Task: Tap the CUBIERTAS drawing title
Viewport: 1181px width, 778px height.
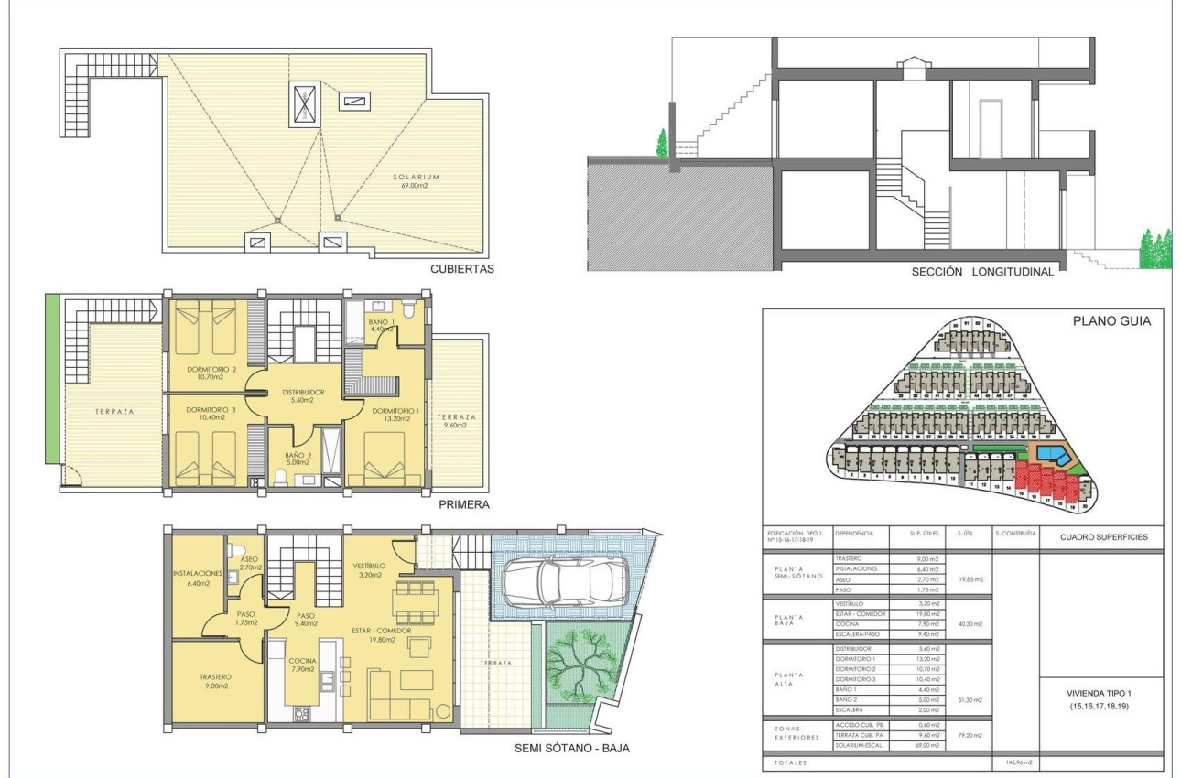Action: tap(461, 269)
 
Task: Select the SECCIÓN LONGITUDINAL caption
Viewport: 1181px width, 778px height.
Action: tap(982, 272)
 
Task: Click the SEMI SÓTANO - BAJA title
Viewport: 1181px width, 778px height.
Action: tap(572, 747)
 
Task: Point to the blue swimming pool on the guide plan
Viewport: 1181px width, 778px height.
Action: tap(1052, 453)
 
